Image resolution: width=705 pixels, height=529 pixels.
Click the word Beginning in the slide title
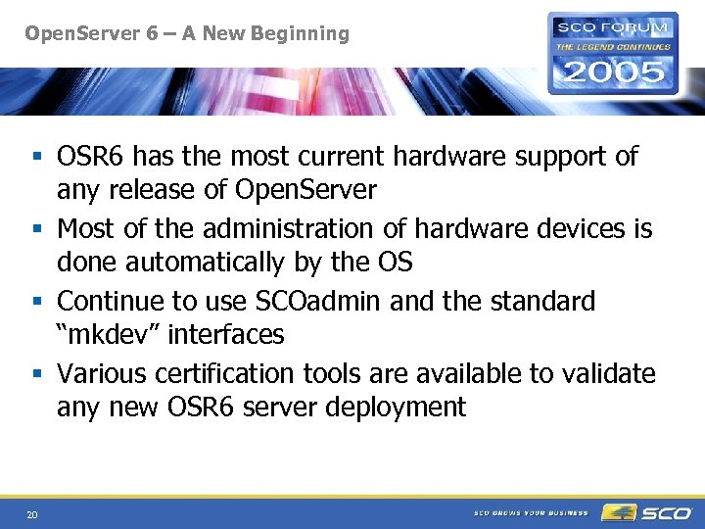(x=301, y=34)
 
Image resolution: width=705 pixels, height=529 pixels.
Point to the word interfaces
(x=226, y=334)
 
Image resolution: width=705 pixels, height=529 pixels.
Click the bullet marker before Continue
(x=35, y=302)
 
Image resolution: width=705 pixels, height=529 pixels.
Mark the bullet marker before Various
(x=35, y=374)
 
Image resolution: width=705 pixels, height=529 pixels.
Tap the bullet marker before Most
(x=35, y=229)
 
